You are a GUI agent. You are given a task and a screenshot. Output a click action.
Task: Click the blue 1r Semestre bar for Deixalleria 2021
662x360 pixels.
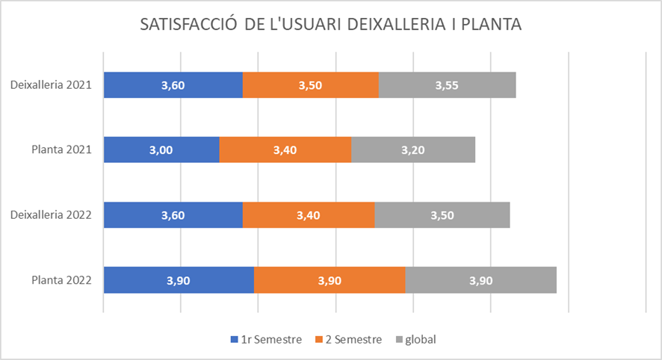[173, 85]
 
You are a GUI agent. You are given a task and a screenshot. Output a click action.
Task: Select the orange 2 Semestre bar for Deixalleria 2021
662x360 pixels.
[310, 85]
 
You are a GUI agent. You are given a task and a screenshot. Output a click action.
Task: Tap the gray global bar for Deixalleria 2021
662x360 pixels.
[447, 85]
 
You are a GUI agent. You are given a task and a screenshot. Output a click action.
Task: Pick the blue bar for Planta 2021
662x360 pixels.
[161, 150]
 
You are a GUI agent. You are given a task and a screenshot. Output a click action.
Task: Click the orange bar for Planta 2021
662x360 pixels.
[285, 150]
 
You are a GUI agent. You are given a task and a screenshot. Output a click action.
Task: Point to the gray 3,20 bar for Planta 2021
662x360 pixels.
[413, 150]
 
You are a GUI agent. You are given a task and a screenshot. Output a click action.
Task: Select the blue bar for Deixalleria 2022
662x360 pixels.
[173, 215]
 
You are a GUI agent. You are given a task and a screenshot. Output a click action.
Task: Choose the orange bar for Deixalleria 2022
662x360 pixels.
[308, 215]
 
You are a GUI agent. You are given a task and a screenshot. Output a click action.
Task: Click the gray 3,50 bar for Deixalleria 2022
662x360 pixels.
[442, 215]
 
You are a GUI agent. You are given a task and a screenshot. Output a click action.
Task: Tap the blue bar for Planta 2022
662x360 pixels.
[179, 280]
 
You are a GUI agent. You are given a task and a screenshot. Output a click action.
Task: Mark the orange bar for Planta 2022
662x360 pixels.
[330, 280]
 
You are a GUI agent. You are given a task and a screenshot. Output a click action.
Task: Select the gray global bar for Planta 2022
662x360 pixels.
[480, 280]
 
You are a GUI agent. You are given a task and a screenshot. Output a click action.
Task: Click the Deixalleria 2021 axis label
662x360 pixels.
[51, 85]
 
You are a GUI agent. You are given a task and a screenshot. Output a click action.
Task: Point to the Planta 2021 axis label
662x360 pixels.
[61, 150]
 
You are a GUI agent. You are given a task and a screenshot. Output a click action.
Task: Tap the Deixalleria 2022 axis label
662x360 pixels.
[51, 215]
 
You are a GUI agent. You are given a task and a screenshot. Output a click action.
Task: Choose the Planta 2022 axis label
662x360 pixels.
[61, 280]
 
